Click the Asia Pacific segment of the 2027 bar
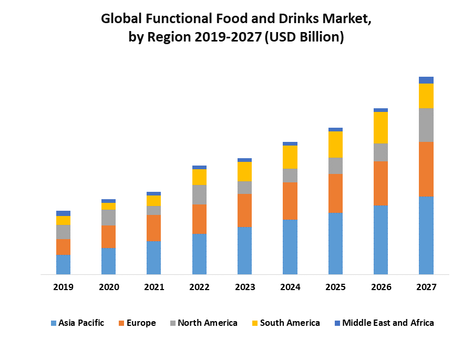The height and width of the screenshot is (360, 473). (x=426, y=235)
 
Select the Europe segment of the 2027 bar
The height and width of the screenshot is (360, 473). (x=426, y=169)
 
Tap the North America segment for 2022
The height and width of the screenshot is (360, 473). (x=199, y=194)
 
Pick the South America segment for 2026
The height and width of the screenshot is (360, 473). (x=381, y=128)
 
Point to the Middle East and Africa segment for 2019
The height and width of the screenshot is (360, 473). (x=63, y=213)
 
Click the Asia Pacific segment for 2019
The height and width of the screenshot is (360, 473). (x=63, y=264)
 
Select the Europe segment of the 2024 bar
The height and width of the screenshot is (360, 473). (x=290, y=201)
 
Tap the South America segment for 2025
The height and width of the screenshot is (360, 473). (x=335, y=145)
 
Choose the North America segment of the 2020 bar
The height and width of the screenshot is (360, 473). (x=108, y=218)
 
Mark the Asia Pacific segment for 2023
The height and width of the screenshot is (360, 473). (x=244, y=250)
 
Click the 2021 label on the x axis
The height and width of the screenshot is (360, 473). (x=154, y=287)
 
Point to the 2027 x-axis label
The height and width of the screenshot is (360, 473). (x=426, y=287)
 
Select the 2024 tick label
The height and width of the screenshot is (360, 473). (x=290, y=287)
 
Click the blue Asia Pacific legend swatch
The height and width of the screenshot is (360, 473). (x=53, y=323)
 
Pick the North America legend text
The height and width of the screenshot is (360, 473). (x=208, y=323)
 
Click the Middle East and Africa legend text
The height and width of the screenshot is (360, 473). (x=388, y=323)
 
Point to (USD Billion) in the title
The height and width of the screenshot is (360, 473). (x=305, y=38)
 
